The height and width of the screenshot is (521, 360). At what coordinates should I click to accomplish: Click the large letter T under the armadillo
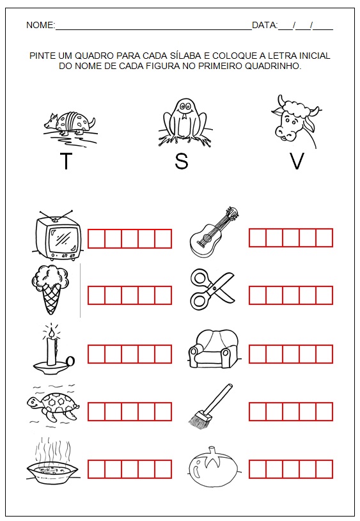coord(66,161)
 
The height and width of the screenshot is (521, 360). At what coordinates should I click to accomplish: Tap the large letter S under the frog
coord(181,161)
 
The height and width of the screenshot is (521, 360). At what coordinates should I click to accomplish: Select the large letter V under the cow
coord(297,161)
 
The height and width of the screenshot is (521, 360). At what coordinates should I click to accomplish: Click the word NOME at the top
coord(40,26)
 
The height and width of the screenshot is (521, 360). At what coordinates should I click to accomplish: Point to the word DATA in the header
coord(264,26)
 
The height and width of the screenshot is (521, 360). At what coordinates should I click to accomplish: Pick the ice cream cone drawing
coord(51,290)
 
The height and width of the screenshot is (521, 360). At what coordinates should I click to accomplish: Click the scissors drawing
coord(212,289)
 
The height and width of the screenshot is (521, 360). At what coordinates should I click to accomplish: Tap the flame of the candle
coord(51,333)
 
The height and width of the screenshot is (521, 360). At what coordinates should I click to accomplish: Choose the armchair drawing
coord(214,349)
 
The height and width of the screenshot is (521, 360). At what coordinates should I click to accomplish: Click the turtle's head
coord(34,403)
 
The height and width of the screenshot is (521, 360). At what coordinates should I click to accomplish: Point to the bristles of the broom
coord(200,419)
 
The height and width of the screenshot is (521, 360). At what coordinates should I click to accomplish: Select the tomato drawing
coord(214,467)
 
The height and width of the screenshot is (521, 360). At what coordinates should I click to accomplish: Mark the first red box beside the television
coord(97,238)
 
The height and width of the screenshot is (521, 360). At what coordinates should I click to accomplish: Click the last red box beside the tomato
coord(324,469)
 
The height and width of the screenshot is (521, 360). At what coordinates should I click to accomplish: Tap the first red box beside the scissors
coord(258,295)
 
